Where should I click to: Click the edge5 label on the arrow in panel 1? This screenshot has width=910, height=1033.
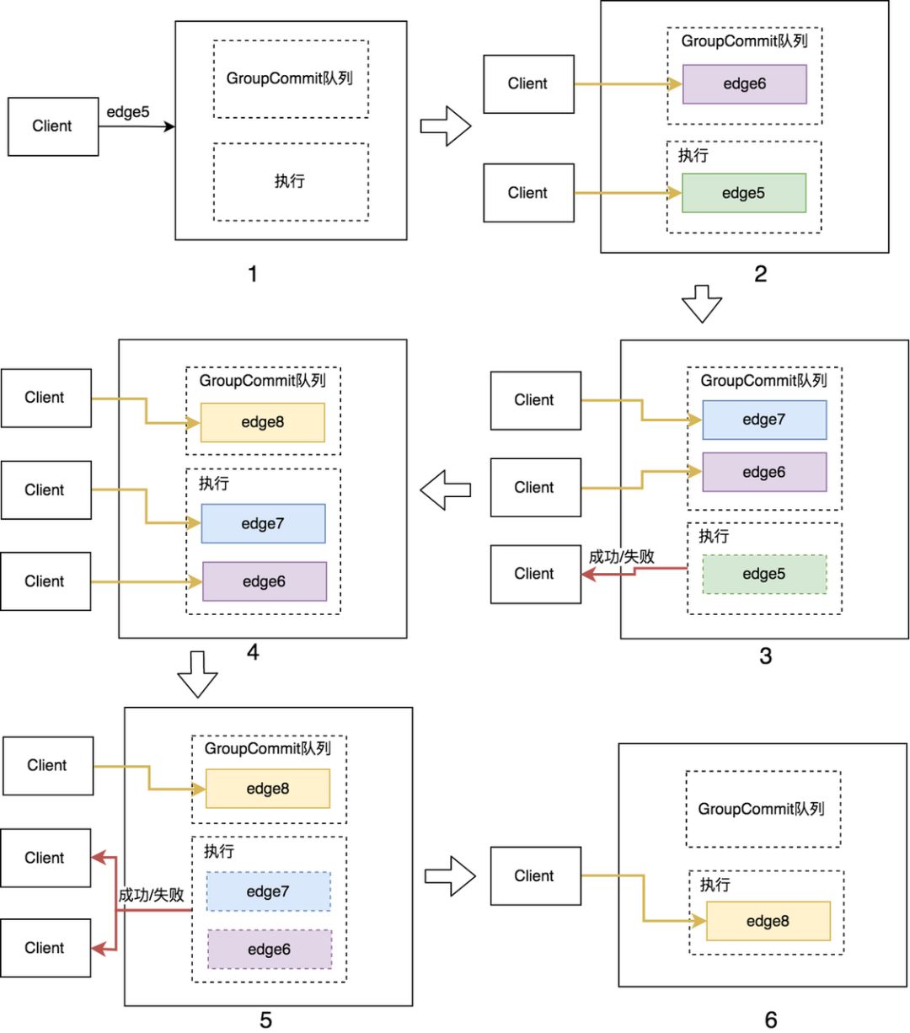(x=128, y=111)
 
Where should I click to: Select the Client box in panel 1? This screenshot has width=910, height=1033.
(x=53, y=126)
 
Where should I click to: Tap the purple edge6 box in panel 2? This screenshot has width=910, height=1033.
(x=744, y=84)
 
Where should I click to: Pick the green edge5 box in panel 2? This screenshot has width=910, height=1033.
(x=743, y=193)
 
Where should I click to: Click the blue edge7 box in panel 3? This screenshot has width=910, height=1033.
(x=764, y=420)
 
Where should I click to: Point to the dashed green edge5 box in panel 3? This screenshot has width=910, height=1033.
(x=764, y=574)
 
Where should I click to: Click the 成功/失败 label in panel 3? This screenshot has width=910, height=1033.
(x=622, y=556)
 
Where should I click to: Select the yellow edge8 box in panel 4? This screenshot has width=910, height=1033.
(x=262, y=422)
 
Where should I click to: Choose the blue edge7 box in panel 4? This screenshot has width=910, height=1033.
(x=263, y=523)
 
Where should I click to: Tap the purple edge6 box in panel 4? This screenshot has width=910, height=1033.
(x=264, y=581)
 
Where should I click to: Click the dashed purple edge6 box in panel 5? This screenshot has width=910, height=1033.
(x=269, y=950)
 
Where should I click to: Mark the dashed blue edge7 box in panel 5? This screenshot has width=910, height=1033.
(x=268, y=891)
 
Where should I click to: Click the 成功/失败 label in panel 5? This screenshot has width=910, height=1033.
(x=151, y=895)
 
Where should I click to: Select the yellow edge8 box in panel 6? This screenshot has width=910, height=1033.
(x=768, y=921)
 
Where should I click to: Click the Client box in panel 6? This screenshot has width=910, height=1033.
(x=535, y=876)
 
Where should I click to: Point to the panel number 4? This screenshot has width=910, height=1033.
(x=253, y=651)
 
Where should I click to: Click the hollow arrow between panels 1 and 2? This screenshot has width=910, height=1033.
(x=445, y=126)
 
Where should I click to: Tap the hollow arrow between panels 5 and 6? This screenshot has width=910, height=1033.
(x=451, y=876)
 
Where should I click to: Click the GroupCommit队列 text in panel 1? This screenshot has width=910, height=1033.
(x=290, y=78)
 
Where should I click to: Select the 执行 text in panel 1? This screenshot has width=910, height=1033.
(x=290, y=181)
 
